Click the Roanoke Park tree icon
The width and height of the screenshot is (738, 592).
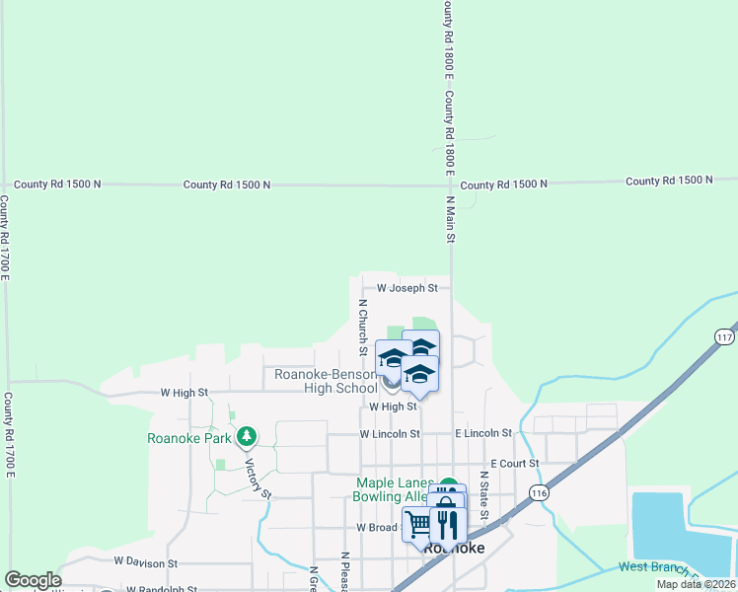point(247,435)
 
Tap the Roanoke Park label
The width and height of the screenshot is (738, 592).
point(188,439)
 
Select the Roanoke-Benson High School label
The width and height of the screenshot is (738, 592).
point(326,381)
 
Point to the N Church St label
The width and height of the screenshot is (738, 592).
point(363,328)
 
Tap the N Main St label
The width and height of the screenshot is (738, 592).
point(450,219)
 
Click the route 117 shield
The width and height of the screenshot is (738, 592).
point(726,335)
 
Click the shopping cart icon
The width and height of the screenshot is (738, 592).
point(418,523)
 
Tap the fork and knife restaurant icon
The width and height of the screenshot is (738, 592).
point(447,521)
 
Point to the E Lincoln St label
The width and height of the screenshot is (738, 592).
point(483,433)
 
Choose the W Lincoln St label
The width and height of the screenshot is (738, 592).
point(390,433)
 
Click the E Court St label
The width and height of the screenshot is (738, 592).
point(514,463)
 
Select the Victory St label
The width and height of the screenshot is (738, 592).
point(258,478)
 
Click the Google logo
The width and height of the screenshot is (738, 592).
point(33,580)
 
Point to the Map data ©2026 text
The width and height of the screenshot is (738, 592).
point(695,584)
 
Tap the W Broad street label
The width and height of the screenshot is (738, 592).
point(377,527)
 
